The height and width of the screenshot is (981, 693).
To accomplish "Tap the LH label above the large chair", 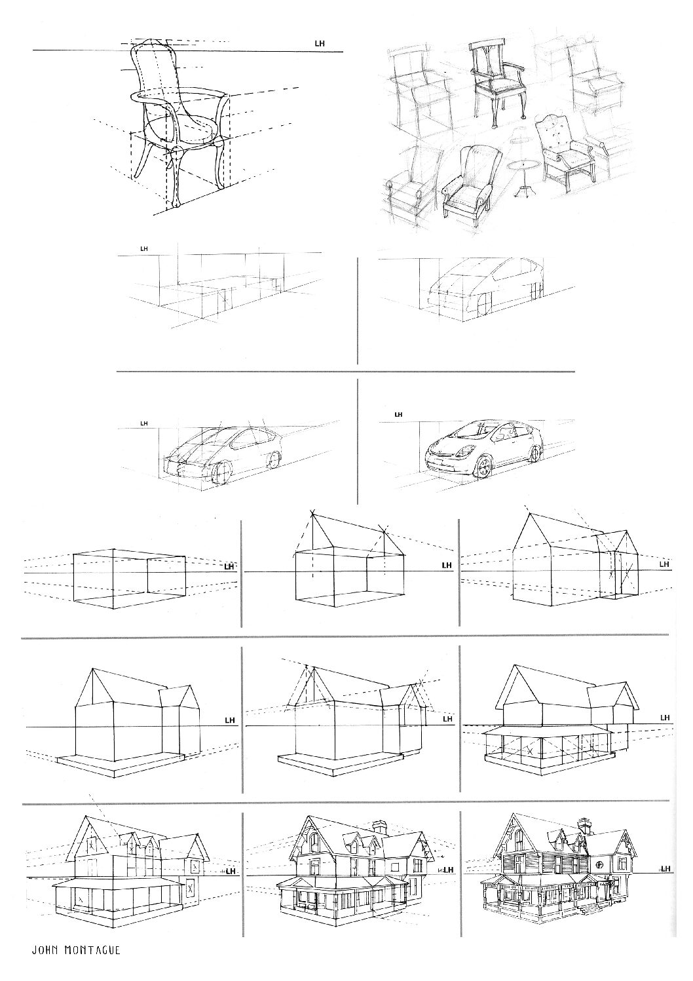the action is [320, 44].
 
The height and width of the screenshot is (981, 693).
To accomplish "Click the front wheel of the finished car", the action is [484, 467].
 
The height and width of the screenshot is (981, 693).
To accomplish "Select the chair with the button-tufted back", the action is [568, 149].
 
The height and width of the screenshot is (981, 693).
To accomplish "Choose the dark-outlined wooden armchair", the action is [498, 83].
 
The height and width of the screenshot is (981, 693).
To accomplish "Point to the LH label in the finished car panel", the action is [398, 414].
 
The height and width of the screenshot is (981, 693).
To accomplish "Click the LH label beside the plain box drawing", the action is [229, 567].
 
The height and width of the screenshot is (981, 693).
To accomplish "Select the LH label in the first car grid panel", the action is [144, 249].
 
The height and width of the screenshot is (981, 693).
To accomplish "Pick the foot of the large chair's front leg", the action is [176, 202].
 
